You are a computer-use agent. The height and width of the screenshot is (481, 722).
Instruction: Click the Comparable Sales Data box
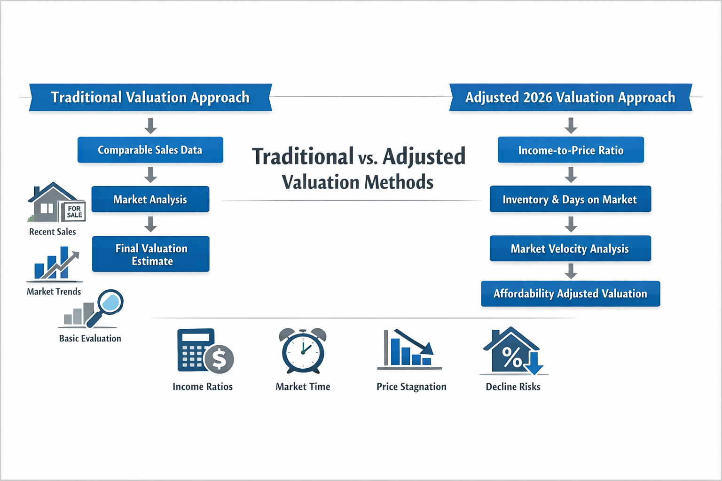(x=150, y=150)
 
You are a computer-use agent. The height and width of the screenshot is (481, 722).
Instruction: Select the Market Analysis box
(x=150, y=199)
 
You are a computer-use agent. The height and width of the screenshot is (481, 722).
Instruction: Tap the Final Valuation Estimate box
(x=151, y=254)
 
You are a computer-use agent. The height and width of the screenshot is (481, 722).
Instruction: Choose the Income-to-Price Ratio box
(x=571, y=150)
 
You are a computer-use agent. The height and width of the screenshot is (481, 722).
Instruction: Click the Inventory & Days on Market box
(x=570, y=199)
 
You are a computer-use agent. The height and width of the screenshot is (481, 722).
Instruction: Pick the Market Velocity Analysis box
(x=570, y=248)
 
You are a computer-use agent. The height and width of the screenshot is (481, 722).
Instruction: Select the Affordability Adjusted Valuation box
(x=570, y=294)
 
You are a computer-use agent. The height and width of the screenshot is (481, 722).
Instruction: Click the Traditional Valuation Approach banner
(x=150, y=97)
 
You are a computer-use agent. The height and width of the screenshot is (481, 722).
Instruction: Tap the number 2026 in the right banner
(x=537, y=98)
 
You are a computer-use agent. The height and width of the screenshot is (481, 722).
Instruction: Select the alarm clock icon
(x=303, y=350)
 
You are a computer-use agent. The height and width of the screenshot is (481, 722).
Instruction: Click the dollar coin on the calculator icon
(x=219, y=359)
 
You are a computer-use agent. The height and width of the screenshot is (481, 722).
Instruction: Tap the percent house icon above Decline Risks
(x=512, y=352)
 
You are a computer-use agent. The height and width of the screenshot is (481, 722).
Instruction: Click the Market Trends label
(x=54, y=292)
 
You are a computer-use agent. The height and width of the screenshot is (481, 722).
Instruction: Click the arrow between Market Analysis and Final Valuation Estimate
(x=150, y=224)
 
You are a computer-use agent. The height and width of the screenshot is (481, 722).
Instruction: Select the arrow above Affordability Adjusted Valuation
(x=571, y=271)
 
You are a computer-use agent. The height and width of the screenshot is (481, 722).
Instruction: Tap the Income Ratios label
(x=202, y=387)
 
